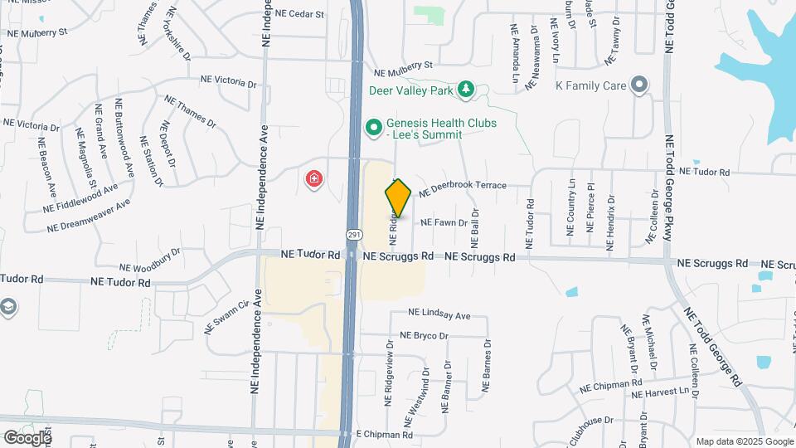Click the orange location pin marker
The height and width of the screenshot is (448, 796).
click(x=398, y=198)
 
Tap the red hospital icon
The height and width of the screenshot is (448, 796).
click(x=314, y=178)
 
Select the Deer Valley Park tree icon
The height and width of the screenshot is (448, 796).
click(x=466, y=89)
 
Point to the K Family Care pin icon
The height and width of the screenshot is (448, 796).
click(x=638, y=85)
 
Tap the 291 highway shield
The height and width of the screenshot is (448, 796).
click(x=354, y=235)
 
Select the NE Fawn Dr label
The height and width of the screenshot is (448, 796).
click(x=444, y=222)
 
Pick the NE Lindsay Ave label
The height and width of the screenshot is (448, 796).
click(x=439, y=315)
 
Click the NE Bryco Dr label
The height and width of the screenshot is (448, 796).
click(x=424, y=336)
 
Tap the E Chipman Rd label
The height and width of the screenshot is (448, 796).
click(x=384, y=434)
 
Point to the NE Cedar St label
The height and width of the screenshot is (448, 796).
click(x=299, y=14)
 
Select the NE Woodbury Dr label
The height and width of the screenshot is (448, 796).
click(x=149, y=261)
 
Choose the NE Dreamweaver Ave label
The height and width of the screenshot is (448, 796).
click(x=89, y=217)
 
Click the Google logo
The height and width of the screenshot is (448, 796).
click(x=27, y=437)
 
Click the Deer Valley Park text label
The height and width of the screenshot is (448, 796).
click(x=413, y=89)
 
